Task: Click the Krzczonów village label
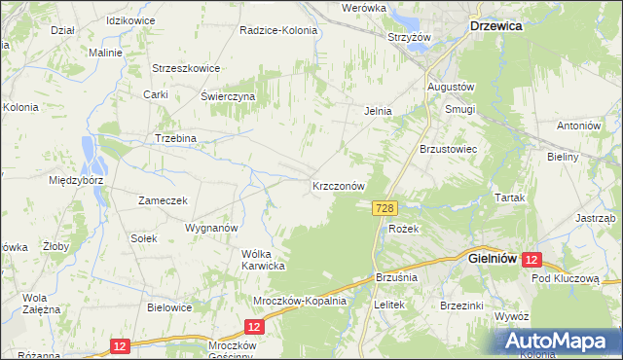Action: pyautogui.click(x=338, y=185)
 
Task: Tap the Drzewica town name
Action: pyautogui.click(x=495, y=27)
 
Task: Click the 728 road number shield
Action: pyautogui.click(x=385, y=208)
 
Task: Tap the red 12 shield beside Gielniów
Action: pyautogui.click(x=532, y=261)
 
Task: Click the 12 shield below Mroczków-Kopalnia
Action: pyautogui.click(x=252, y=328)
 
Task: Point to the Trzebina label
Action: pyautogui.click(x=175, y=138)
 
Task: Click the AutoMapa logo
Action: pyautogui.click(x=559, y=342)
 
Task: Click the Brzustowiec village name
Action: pyautogui.click(x=447, y=149)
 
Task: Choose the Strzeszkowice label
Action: pyautogui.click(x=186, y=68)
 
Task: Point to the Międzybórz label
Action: pyautogui.click(x=75, y=180)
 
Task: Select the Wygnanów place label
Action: pyautogui.click(x=211, y=227)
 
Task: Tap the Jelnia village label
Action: pyautogui.click(x=378, y=111)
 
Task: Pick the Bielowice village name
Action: pyautogui.click(x=168, y=306)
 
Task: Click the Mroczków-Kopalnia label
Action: pyautogui.click(x=300, y=301)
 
